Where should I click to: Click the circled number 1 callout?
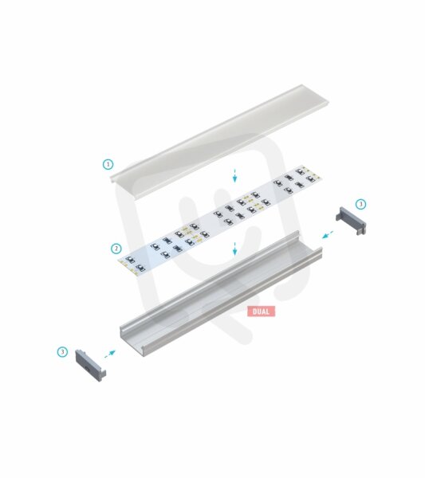point(108,164)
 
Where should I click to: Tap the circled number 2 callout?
point(116,249)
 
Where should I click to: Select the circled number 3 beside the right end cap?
point(360,204)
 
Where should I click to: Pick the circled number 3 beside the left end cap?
point(62,352)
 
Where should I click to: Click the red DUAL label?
point(262,311)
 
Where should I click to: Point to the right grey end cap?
point(351,221)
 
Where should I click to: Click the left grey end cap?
point(91,365)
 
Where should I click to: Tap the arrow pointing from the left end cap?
point(110,354)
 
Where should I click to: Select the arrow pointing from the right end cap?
point(328,235)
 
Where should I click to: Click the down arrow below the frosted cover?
point(234,175)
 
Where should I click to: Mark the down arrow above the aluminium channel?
point(234,249)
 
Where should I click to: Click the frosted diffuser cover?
point(219,143)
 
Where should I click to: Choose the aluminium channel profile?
point(221,293)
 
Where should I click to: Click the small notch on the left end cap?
point(87,369)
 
